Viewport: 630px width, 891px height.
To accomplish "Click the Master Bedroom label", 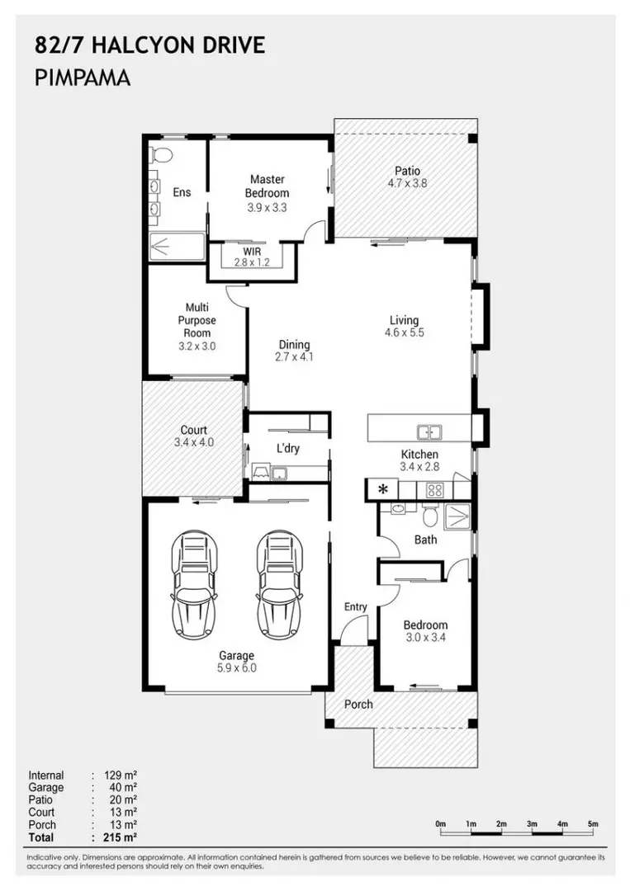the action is tap(267, 186).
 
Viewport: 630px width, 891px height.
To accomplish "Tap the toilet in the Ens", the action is tap(161, 154).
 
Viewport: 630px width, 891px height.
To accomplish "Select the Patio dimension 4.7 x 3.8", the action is tap(407, 183).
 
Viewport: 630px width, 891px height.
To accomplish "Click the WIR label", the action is tap(252, 251).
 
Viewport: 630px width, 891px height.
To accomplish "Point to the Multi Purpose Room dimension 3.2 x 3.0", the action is tap(197, 346).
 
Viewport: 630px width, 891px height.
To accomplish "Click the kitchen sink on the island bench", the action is tap(430, 431).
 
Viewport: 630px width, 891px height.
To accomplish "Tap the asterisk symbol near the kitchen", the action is tap(383, 488).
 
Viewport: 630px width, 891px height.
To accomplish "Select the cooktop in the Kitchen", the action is tap(435, 490).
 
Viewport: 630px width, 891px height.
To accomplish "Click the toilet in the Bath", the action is tap(430, 515).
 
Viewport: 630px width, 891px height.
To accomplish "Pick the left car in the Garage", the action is tap(195, 583).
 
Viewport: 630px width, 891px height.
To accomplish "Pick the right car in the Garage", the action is tap(279, 583).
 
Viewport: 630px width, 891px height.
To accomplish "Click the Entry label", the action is tap(355, 607).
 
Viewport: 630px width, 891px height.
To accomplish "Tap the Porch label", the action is tap(358, 704).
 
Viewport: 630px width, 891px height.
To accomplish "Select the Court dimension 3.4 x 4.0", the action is tap(194, 443).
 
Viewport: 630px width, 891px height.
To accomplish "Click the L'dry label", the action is tap(287, 448).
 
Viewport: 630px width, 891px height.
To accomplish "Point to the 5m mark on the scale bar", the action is tap(593, 824).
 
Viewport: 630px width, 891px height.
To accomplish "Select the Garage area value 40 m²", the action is tap(123, 788).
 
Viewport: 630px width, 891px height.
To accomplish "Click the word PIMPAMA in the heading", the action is tap(83, 78).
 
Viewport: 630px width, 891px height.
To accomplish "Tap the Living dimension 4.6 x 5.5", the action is tap(405, 333).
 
